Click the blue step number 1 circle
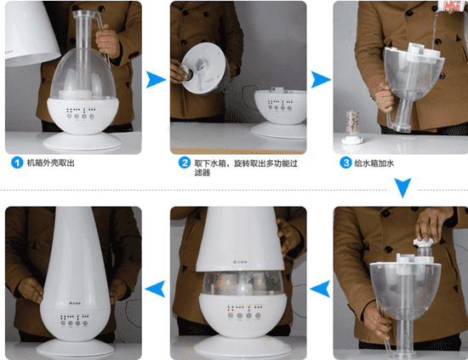coord(17,163)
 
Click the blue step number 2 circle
coord(185,163)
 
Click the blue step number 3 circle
coord(345,163)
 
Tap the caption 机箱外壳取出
coord(51,163)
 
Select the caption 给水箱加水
coord(374,163)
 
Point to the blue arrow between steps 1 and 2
coord(156,80)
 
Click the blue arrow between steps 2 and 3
coord(321,80)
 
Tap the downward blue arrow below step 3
coord(402,188)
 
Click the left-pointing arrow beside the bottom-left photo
coord(155,289)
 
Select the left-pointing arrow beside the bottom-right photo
coord(320,289)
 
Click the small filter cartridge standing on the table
coord(352,127)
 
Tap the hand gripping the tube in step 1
coord(107,42)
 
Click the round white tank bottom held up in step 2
coord(204,68)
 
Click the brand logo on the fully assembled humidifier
coord(76,303)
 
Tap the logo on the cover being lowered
coord(240,262)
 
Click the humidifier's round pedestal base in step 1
coord(83,141)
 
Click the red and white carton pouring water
coord(450,7)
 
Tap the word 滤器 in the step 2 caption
coord(203,173)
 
